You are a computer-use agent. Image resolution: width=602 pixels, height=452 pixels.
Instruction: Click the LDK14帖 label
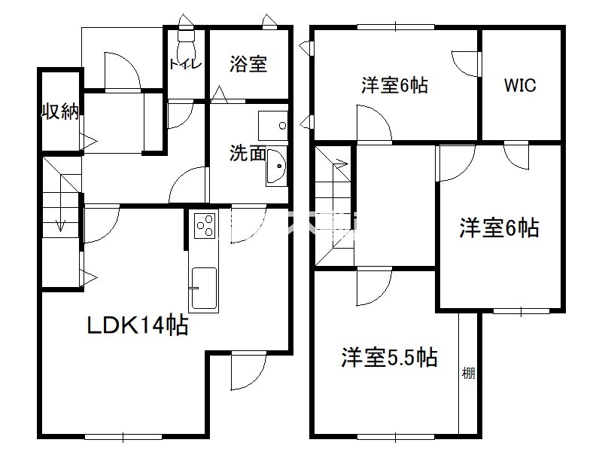pos(138,325)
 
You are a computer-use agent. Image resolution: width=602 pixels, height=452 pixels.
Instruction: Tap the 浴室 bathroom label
pos(248,64)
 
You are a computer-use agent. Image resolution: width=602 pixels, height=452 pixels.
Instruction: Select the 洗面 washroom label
pos(248,153)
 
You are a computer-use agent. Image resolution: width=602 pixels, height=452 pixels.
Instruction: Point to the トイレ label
pos(185,64)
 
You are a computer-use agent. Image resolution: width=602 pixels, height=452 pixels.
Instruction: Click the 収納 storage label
pos(60,111)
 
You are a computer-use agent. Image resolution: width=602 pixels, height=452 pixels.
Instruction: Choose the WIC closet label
pos(520,85)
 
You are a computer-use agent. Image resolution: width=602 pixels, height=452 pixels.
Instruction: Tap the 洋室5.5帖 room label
pos(389,357)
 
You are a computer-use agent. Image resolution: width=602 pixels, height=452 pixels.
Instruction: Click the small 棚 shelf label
pos(468,373)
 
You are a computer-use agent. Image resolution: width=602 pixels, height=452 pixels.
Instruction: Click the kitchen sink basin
pos(203,289)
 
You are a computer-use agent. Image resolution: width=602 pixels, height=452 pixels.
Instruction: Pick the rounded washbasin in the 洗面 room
pos(276,166)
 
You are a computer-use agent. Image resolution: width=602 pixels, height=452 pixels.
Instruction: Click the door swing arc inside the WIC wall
pos(465,63)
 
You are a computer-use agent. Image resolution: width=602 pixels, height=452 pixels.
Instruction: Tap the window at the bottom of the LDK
pos(123,437)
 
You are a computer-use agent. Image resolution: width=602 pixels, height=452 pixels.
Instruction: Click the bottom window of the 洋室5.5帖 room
pos(396,437)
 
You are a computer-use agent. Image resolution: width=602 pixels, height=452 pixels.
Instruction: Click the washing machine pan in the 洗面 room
pos(273,126)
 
